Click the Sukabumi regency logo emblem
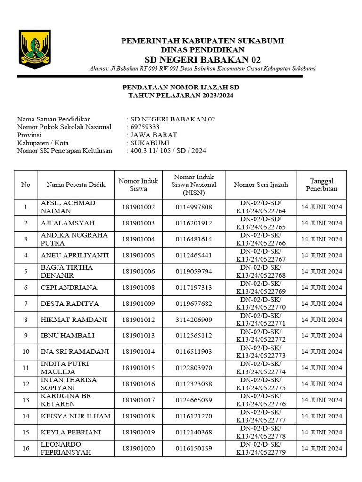click(34, 49)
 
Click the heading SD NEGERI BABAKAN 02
click(202, 59)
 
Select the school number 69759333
click(145, 127)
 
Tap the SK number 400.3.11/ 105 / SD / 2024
click(168, 151)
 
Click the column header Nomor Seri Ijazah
click(261, 185)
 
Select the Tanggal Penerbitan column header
click(321, 185)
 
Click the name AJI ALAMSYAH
click(67, 223)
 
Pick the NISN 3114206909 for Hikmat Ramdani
click(194, 320)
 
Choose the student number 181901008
click(139, 288)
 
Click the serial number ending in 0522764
click(261, 207)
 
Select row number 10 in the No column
click(25, 352)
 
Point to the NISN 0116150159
click(194, 449)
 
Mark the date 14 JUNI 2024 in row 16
click(321, 449)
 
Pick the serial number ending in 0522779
click(261, 449)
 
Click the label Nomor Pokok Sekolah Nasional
click(65, 127)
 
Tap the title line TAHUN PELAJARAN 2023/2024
click(181, 96)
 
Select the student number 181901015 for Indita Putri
click(139, 368)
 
